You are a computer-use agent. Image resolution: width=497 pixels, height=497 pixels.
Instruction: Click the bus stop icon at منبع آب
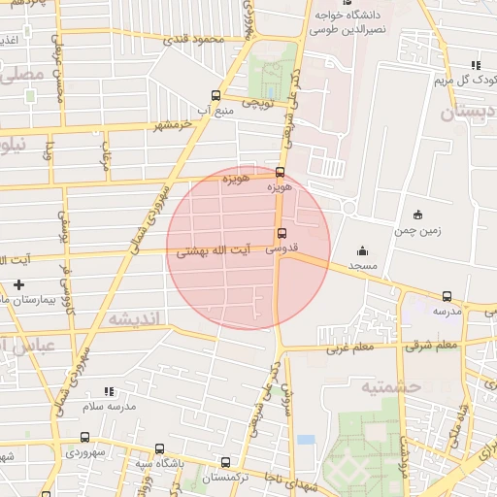(215, 95)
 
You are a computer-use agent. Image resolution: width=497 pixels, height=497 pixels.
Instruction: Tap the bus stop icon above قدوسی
(281, 233)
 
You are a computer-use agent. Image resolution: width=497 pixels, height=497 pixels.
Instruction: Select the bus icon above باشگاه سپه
(160, 448)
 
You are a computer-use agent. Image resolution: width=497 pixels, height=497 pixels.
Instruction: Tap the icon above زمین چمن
(417, 215)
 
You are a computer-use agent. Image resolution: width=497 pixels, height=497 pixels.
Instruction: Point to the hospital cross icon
(18, 284)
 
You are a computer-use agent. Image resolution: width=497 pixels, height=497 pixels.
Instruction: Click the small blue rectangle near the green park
(307, 440)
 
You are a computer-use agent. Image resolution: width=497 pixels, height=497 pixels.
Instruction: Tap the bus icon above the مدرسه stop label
(447, 296)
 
